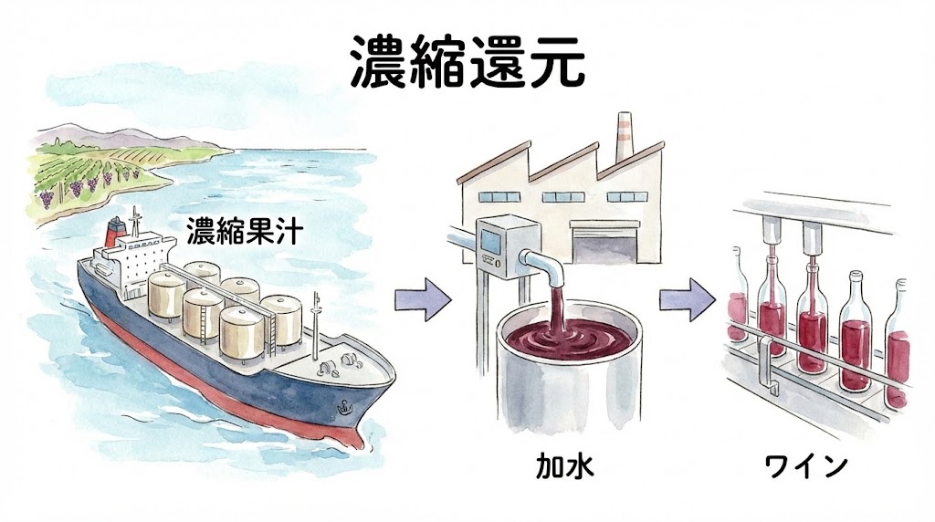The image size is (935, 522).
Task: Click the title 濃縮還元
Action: [x=467, y=63]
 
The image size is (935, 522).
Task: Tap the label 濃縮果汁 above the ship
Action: [x=240, y=231]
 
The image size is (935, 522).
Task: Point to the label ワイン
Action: [x=806, y=467]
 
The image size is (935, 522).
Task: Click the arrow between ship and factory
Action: [x=423, y=298]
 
